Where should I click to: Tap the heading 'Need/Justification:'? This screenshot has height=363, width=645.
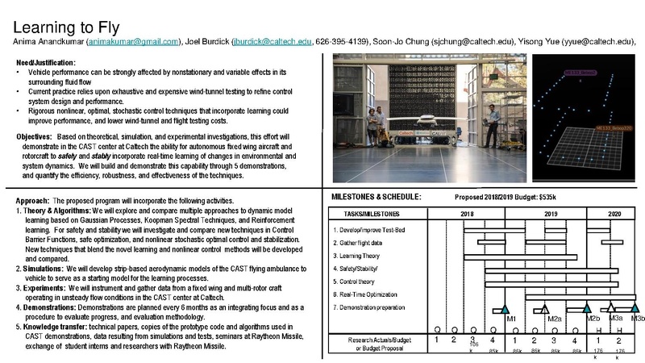(x=46, y=63)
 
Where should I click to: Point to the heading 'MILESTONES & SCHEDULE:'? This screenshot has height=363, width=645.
(x=377, y=196)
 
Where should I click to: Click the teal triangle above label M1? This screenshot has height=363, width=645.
(x=505, y=309)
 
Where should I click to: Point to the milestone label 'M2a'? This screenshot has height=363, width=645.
(x=554, y=319)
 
